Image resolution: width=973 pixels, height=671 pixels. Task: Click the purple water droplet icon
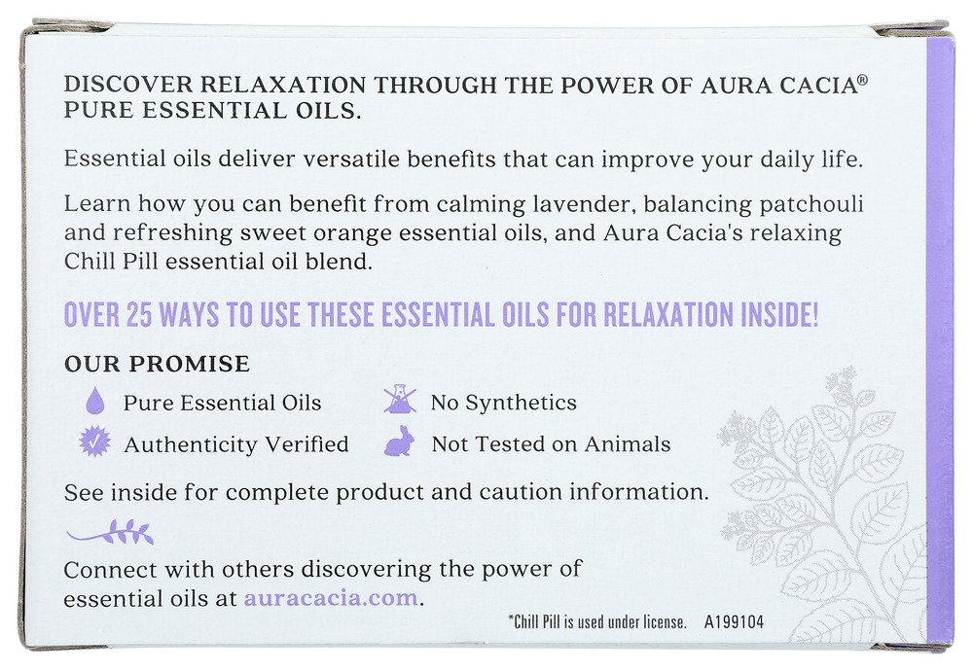click(x=95, y=401)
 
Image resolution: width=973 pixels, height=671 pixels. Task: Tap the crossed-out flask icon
click(x=400, y=400)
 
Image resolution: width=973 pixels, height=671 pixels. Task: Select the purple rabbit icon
click(x=398, y=441)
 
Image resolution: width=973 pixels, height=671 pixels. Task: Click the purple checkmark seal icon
click(x=95, y=442)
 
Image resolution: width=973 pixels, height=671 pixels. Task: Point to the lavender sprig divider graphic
click(x=110, y=532)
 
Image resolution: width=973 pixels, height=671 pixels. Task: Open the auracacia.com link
click(x=331, y=598)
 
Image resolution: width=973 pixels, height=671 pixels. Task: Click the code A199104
click(x=734, y=622)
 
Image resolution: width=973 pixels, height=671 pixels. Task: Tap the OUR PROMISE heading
click(x=157, y=364)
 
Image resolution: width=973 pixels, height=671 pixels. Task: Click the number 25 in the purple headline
click(x=138, y=315)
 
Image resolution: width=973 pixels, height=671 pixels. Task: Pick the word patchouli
click(x=811, y=204)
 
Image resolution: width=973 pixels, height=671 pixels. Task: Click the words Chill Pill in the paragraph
click(x=112, y=261)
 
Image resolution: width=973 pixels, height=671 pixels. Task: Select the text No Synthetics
click(x=503, y=404)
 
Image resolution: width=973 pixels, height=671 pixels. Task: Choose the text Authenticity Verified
click(x=235, y=444)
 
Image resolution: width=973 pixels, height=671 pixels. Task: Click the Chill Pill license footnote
click(x=597, y=622)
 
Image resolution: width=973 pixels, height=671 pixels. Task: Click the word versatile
click(x=351, y=159)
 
